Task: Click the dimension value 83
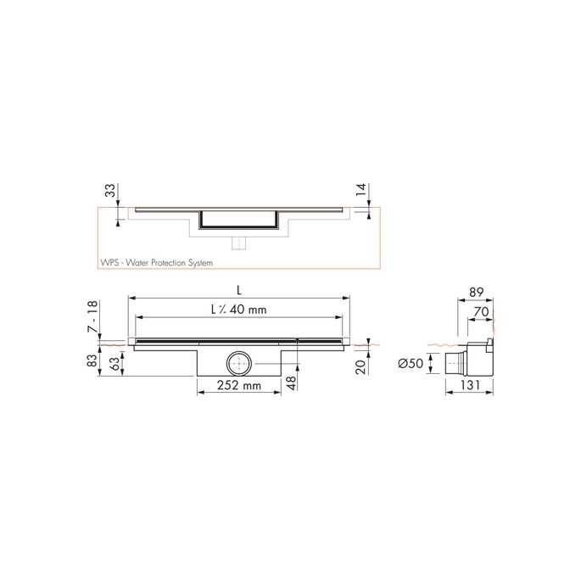[x=92, y=363]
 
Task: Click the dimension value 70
[x=480, y=312]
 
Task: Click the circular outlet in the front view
[x=237, y=364]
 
